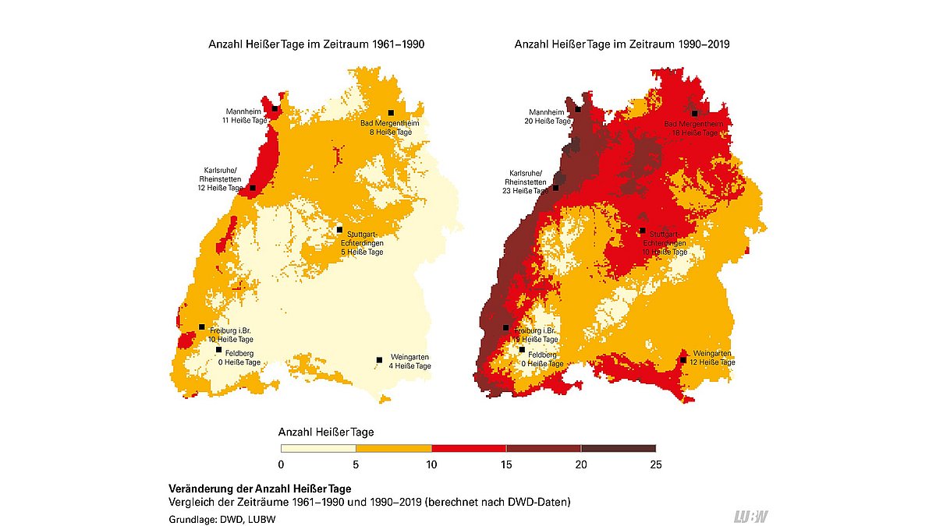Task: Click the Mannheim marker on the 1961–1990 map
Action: [275, 109]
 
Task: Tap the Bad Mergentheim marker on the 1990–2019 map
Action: [694, 114]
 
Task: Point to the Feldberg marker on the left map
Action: [218, 350]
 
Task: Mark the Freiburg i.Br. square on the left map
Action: [202, 327]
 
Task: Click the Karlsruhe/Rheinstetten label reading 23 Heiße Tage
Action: [525, 182]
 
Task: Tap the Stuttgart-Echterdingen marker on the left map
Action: [339, 230]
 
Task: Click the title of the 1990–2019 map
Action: [622, 45]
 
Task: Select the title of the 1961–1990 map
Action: [316, 45]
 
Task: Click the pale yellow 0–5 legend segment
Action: [318, 448]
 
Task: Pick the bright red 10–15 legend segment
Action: [468, 448]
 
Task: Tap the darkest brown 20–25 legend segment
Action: [618, 448]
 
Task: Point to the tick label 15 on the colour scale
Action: [505, 465]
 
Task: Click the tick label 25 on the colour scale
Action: [655, 465]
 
